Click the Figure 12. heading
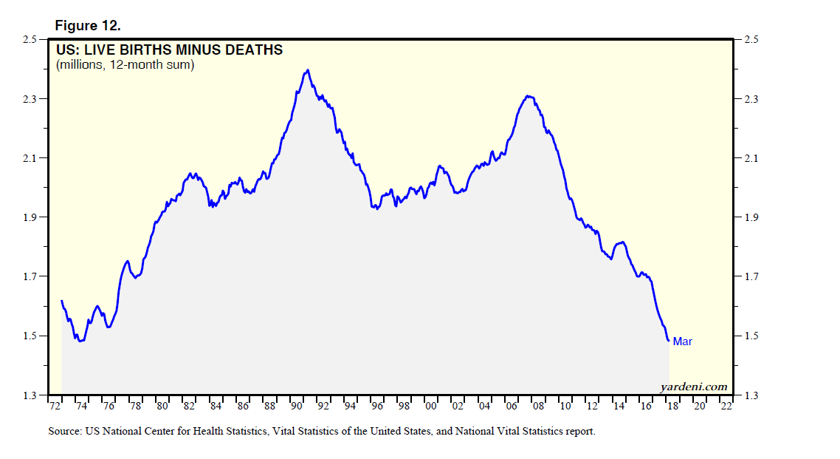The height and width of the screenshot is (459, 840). pos(87,26)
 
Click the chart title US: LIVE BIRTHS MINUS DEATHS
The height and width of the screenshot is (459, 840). pos(169,50)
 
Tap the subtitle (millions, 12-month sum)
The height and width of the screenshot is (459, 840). pos(125,65)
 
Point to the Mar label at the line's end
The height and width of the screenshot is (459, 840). pos(682,341)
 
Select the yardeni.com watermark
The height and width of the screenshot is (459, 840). pos(692,387)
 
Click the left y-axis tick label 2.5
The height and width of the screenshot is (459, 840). pos(30,39)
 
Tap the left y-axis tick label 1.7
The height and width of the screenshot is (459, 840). pos(30,277)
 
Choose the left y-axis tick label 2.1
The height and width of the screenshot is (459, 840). pos(30,158)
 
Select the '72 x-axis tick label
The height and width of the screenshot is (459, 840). pos(55,407)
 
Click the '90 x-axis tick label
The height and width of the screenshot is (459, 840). pos(297,407)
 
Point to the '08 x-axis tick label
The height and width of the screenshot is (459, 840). pos(539,407)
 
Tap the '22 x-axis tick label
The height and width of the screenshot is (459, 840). pos(726,407)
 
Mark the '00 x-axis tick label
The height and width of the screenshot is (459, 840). pos(431,407)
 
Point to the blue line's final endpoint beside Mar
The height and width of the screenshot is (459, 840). pos(669,341)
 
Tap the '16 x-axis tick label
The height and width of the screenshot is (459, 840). pos(646,407)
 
